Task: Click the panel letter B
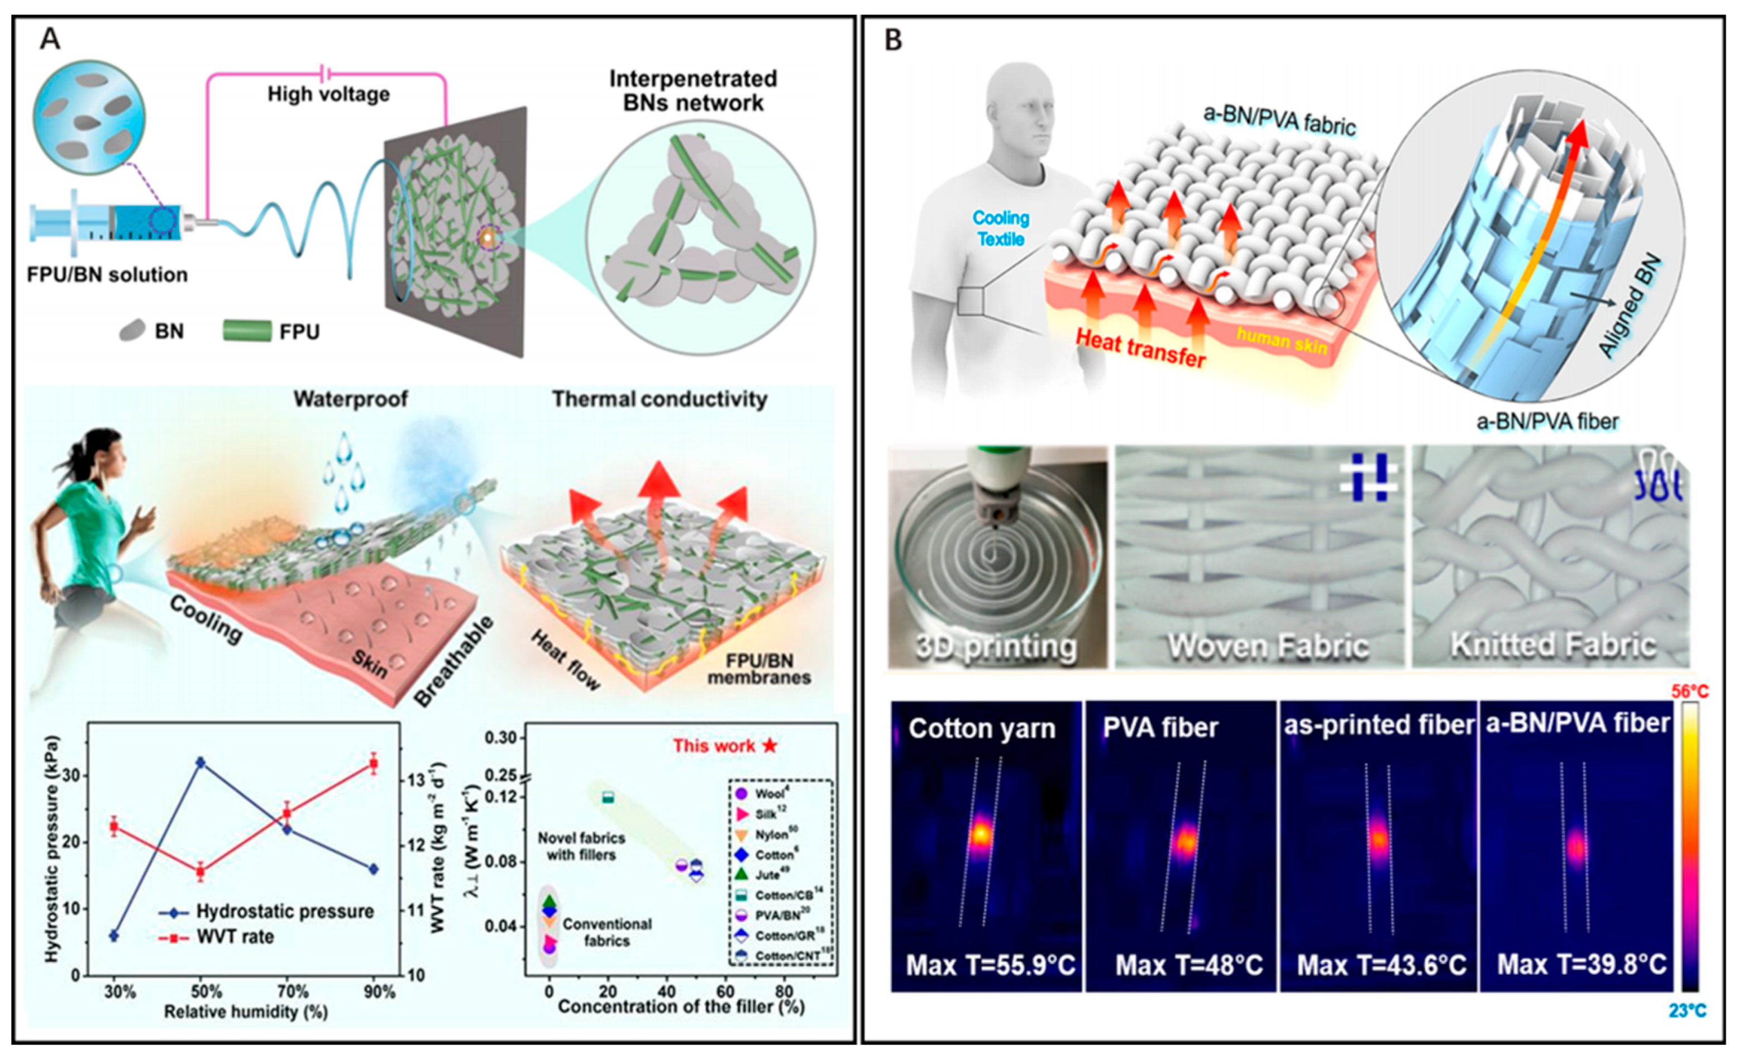(894, 40)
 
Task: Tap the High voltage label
(328, 94)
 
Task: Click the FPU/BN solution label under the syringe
(107, 275)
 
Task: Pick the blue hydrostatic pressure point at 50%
(201, 762)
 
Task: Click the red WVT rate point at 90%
(375, 764)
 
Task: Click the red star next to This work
(770, 746)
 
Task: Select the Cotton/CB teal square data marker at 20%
(608, 798)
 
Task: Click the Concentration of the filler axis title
(681, 1006)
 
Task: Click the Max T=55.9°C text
(990, 964)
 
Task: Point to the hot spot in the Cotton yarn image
(981, 834)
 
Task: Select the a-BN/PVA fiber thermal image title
(1578, 723)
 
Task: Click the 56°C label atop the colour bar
(1690, 692)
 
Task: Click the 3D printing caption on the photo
(996, 646)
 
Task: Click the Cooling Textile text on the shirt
(1001, 228)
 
